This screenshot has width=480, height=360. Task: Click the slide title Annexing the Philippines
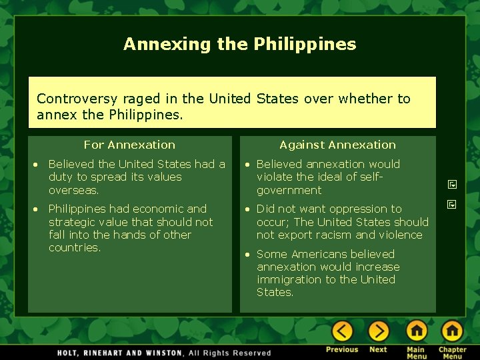239,45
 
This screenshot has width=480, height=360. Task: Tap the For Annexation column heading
129,145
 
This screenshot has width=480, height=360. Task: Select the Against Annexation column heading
337,145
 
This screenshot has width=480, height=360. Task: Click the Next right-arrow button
378,331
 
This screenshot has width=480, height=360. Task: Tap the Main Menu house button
417,331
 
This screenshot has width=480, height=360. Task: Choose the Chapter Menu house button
452,331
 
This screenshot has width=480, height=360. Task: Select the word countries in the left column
73,247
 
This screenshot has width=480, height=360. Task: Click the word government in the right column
289,190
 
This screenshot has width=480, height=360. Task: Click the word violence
401,235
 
